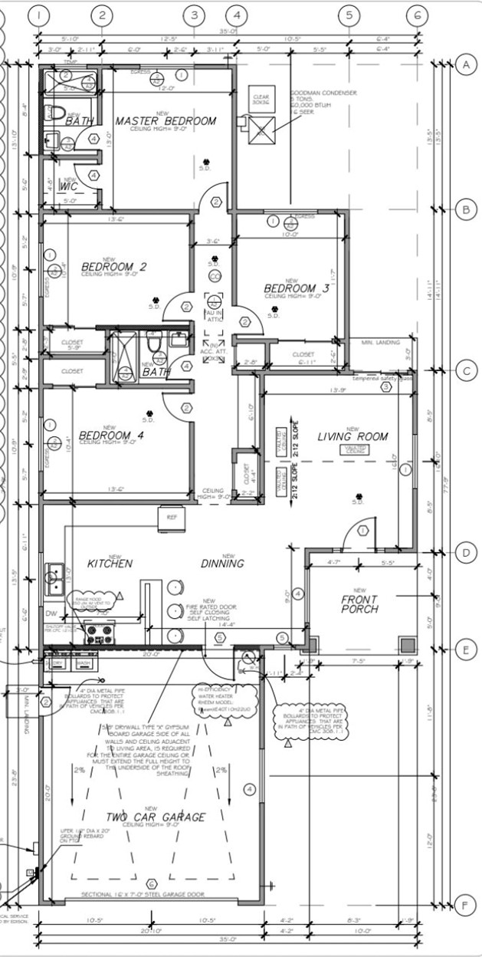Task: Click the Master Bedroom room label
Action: point(166,121)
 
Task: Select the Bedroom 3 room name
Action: point(297,288)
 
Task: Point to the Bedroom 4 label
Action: point(111,435)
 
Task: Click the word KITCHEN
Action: point(110,564)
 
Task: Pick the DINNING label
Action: point(222,564)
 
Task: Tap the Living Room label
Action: point(352,436)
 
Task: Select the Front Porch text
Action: point(359,604)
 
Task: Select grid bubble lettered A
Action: point(464,64)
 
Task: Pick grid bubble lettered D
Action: point(464,552)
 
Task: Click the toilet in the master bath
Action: point(54,113)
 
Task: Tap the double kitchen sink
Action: point(54,578)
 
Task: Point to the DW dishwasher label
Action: point(51,614)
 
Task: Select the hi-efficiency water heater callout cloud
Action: point(224,699)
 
